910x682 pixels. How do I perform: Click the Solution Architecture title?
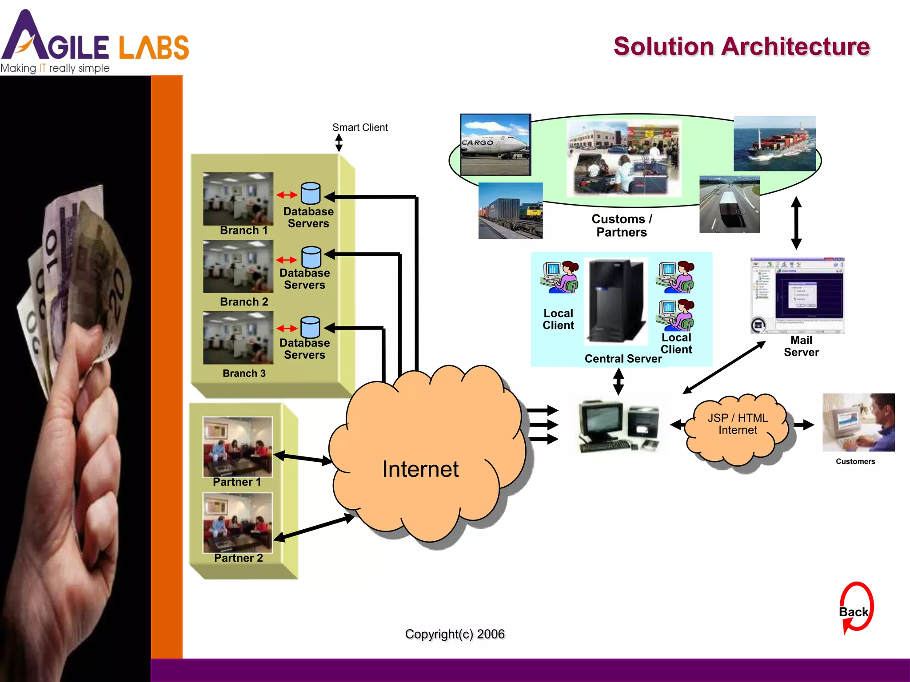click(x=741, y=47)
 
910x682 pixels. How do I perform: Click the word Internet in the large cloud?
click(x=420, y=469)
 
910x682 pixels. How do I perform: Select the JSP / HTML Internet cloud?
click(x=737, y=424)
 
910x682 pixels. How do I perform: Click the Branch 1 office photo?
click(x=238, y=198)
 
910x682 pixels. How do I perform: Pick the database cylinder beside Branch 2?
click(x=311, y=257)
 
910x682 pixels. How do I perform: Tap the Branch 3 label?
click(x=244, y=373)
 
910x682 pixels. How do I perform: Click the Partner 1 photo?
click(x=237, y=446)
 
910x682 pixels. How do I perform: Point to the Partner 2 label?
click(x=238, y=558)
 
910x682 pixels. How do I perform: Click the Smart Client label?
click(x=360, y=127)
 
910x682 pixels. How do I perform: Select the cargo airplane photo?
click(x=495, y=144)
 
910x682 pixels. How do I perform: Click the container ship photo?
click(x=774, y=143)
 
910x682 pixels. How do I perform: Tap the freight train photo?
click(x=510, y=210)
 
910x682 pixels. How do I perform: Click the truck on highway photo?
click(x=729, y=204)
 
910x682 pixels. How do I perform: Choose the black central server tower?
click(x=616, y=301)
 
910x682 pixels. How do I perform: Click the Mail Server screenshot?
click(x=797, y=295)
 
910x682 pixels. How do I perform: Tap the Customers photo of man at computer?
click(x=858, y=422)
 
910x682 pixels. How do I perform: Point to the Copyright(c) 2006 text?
click(x=455, y=634)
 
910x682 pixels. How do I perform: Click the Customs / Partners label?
click(x=621, y=226)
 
